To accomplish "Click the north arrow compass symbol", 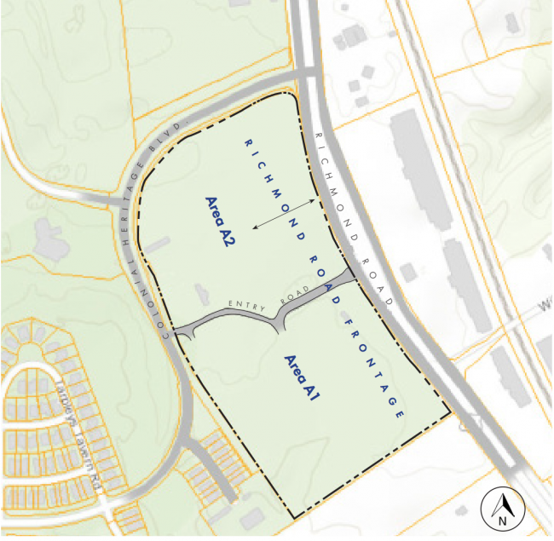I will pyautogui.click(x=503, y=508).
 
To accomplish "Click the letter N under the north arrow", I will pyautogui.click(x=503, y=517).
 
